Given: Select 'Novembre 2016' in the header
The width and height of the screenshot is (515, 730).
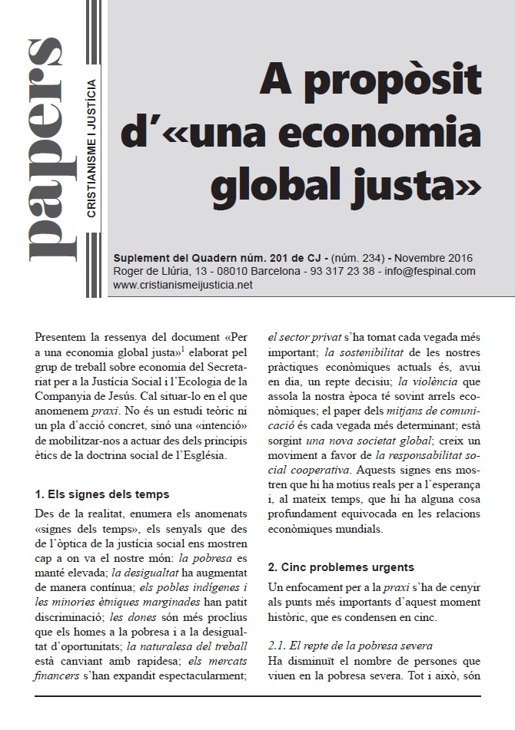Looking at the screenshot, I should coord(436,258).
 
